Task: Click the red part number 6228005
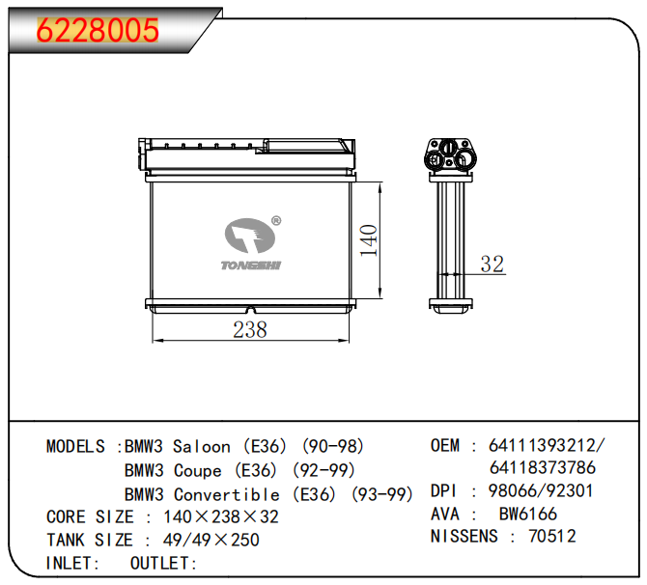pos(98,31)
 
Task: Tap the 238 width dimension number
pos(249,329)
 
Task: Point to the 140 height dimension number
pos(367,239)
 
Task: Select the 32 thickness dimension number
pos(492,264)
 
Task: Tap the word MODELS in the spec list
pos(76,447)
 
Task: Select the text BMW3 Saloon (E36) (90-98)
pos(244,447)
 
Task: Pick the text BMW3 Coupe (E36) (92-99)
pos(239,471)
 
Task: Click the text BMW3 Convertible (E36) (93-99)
pos(268,494)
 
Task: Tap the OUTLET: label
pos(163,564)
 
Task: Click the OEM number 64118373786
pos(543,468)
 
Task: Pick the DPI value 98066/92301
pos(542,490)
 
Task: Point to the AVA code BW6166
pos(527,514)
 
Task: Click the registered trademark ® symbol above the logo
pos(275,220)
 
